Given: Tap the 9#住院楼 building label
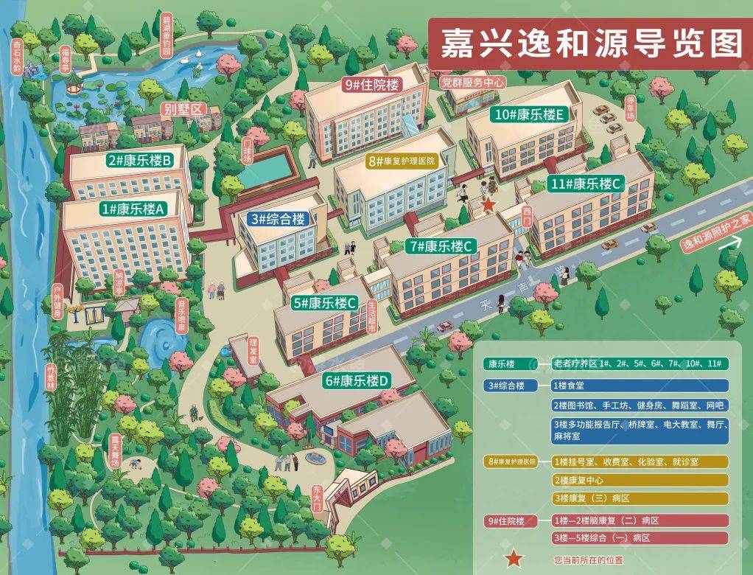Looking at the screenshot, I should [371, 85].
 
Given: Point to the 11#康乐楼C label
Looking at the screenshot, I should [587, 184].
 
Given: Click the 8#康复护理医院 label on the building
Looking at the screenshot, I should [402, 160].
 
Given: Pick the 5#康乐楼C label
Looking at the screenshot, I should [325, 302].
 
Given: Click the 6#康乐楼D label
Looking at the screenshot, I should [360, 381].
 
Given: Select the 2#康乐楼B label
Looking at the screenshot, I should [139, 160].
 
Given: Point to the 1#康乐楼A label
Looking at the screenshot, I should [134, 209].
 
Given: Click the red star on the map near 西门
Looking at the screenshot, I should [488, 203].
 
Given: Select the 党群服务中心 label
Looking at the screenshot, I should [472, 83].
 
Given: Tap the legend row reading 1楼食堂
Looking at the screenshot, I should [639, 385].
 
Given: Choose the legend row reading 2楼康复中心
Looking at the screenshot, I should [639, 480].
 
